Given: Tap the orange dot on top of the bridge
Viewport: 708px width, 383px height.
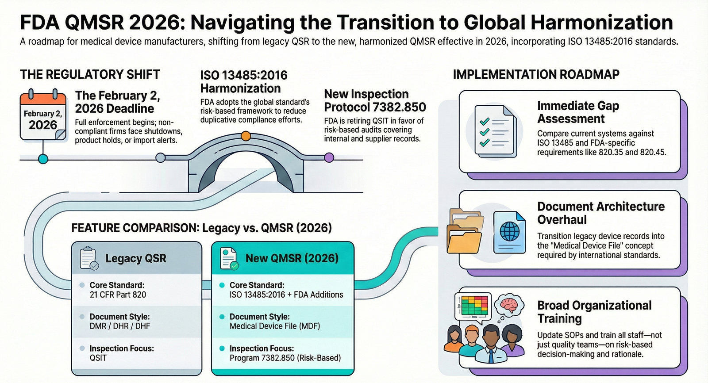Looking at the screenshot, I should pyautogui.click(x=246, y=136).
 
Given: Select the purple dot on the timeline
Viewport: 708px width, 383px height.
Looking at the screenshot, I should pyautogui.click(x=329, y=157).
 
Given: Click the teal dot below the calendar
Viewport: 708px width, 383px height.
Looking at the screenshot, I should pyautogui.click(x=43, y=159).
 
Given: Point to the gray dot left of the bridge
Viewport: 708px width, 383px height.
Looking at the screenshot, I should pyautogui.click(x=161, y=157).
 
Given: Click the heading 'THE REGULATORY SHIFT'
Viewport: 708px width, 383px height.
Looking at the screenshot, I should pyautogui.click(x=90, y=74).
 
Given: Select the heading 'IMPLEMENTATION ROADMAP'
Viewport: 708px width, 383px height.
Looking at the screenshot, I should pyautogui.click(x=536, y=74).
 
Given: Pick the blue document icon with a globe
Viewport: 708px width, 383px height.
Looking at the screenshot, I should pyautogui.click(x=509, y=232).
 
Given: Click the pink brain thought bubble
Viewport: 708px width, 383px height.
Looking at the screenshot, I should pyautogui.click(x=509, y=306).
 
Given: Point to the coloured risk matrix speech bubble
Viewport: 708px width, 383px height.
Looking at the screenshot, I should pyautogui.click(x=473, y=306).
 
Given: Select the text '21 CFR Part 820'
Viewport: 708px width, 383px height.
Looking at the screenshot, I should pyautogui.click(x=118, y=295).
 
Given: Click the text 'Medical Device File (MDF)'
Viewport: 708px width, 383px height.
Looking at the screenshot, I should pyautogui.click(x=274, y=326).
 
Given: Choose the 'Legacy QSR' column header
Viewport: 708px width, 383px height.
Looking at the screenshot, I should pyautogui.click(x=135, y=258).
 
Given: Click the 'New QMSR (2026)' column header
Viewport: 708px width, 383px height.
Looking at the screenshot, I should pyautogui.click(x=292, y=258).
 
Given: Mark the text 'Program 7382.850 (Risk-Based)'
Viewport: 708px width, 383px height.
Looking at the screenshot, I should pyautogui.click(x=285, y=358).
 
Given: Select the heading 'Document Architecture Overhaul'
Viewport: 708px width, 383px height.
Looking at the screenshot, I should pyautogui.click(x=600, y=213).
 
